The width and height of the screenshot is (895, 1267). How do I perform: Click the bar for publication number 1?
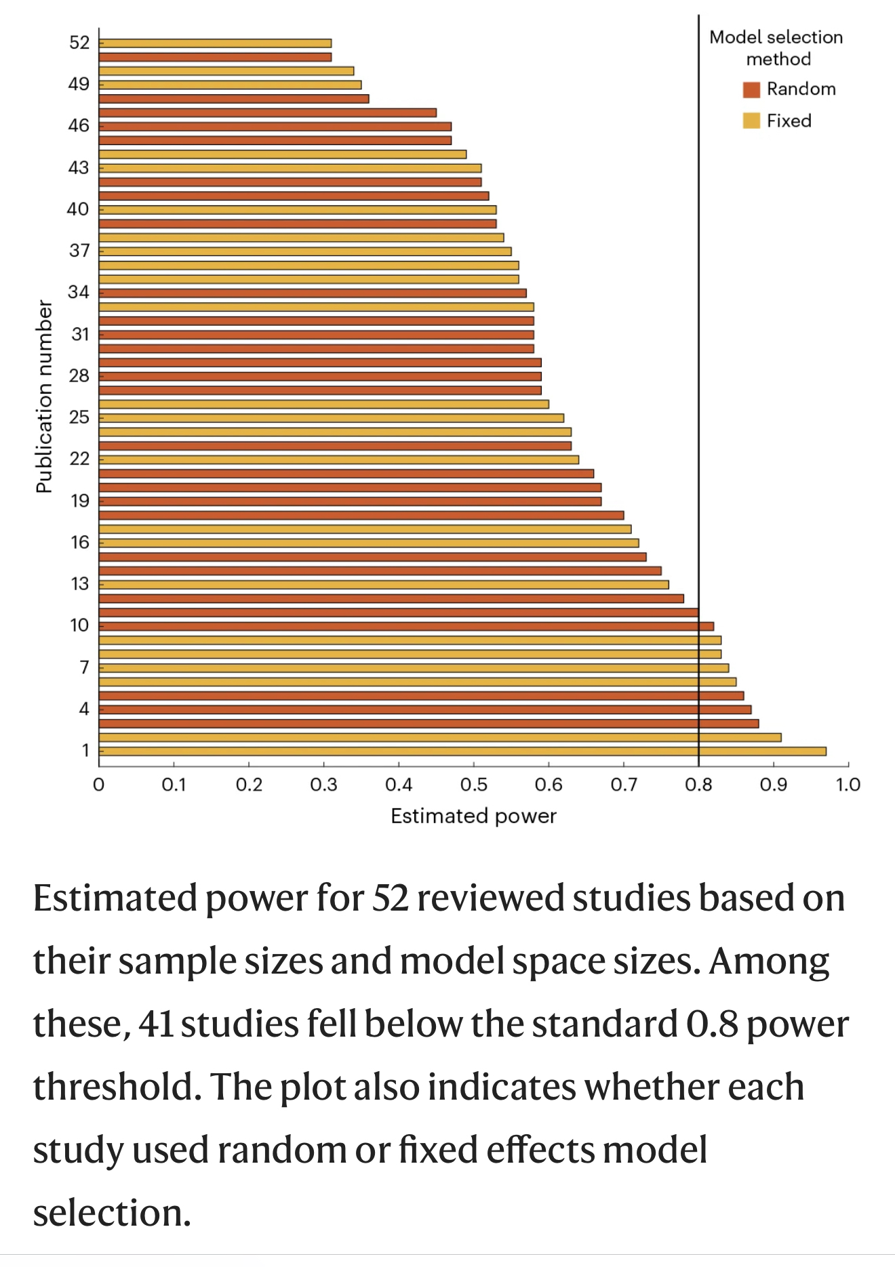(x=461, y=751)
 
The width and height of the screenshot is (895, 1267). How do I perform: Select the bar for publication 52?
(x=216, y=43)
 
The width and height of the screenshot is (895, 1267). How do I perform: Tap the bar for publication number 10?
(x=405, y=626)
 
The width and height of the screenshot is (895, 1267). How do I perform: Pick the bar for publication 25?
(x=331, y=418)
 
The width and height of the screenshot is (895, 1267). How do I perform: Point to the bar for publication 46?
(x=275, y=127)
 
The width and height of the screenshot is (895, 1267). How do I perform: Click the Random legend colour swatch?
(x=751, y=89)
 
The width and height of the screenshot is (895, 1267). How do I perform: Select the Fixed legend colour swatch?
(x=751, y=121)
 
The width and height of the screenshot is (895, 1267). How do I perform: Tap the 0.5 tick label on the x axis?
(x=473, y=785)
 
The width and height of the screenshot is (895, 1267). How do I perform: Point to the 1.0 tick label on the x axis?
(x=848, y=785)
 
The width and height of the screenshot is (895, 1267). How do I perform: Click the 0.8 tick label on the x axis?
(x=698, y=785)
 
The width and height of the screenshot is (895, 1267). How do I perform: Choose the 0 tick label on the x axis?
(x=99, y=785)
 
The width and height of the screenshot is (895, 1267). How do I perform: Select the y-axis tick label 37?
(x=79, y=251)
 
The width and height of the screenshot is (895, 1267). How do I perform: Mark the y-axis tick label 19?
(x=79, y=501)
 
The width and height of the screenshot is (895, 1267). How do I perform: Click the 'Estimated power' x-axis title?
(x=473, y=816)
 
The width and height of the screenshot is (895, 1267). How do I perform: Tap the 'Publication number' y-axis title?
(x=44, y=396)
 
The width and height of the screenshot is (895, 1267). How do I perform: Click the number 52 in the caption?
(x=390, y=898)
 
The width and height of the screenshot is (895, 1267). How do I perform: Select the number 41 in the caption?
(x=156, y=1024)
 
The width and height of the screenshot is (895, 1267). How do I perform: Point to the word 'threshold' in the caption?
(x=117, y=1087)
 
